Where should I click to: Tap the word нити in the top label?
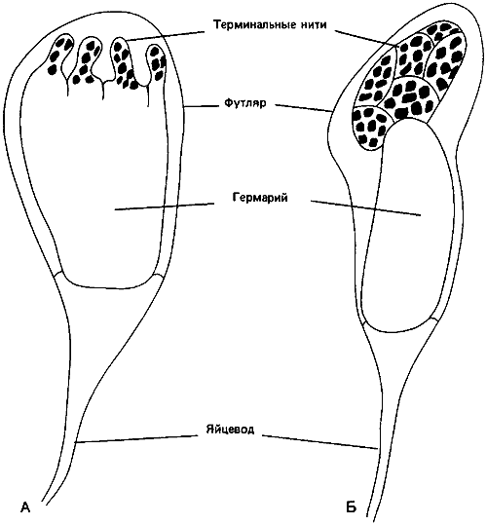[x=313, y=25]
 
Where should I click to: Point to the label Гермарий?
[x=260, y=198]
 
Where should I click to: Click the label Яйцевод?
[x=230, y=429]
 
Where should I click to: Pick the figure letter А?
[x=25, y=507]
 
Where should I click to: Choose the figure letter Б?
[x=351, y=507]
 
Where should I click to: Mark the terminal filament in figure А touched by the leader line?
[x=122, y=63]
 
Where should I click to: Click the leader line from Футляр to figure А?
[x=200, y=106]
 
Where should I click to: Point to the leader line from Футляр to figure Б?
[x=303, y=108]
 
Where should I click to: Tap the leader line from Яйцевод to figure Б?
[x=319, y=441]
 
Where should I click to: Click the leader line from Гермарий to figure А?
[x=164, y=206]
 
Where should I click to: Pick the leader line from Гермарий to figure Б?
[x=365, y=208]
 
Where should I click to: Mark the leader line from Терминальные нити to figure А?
[x=166, y=35]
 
